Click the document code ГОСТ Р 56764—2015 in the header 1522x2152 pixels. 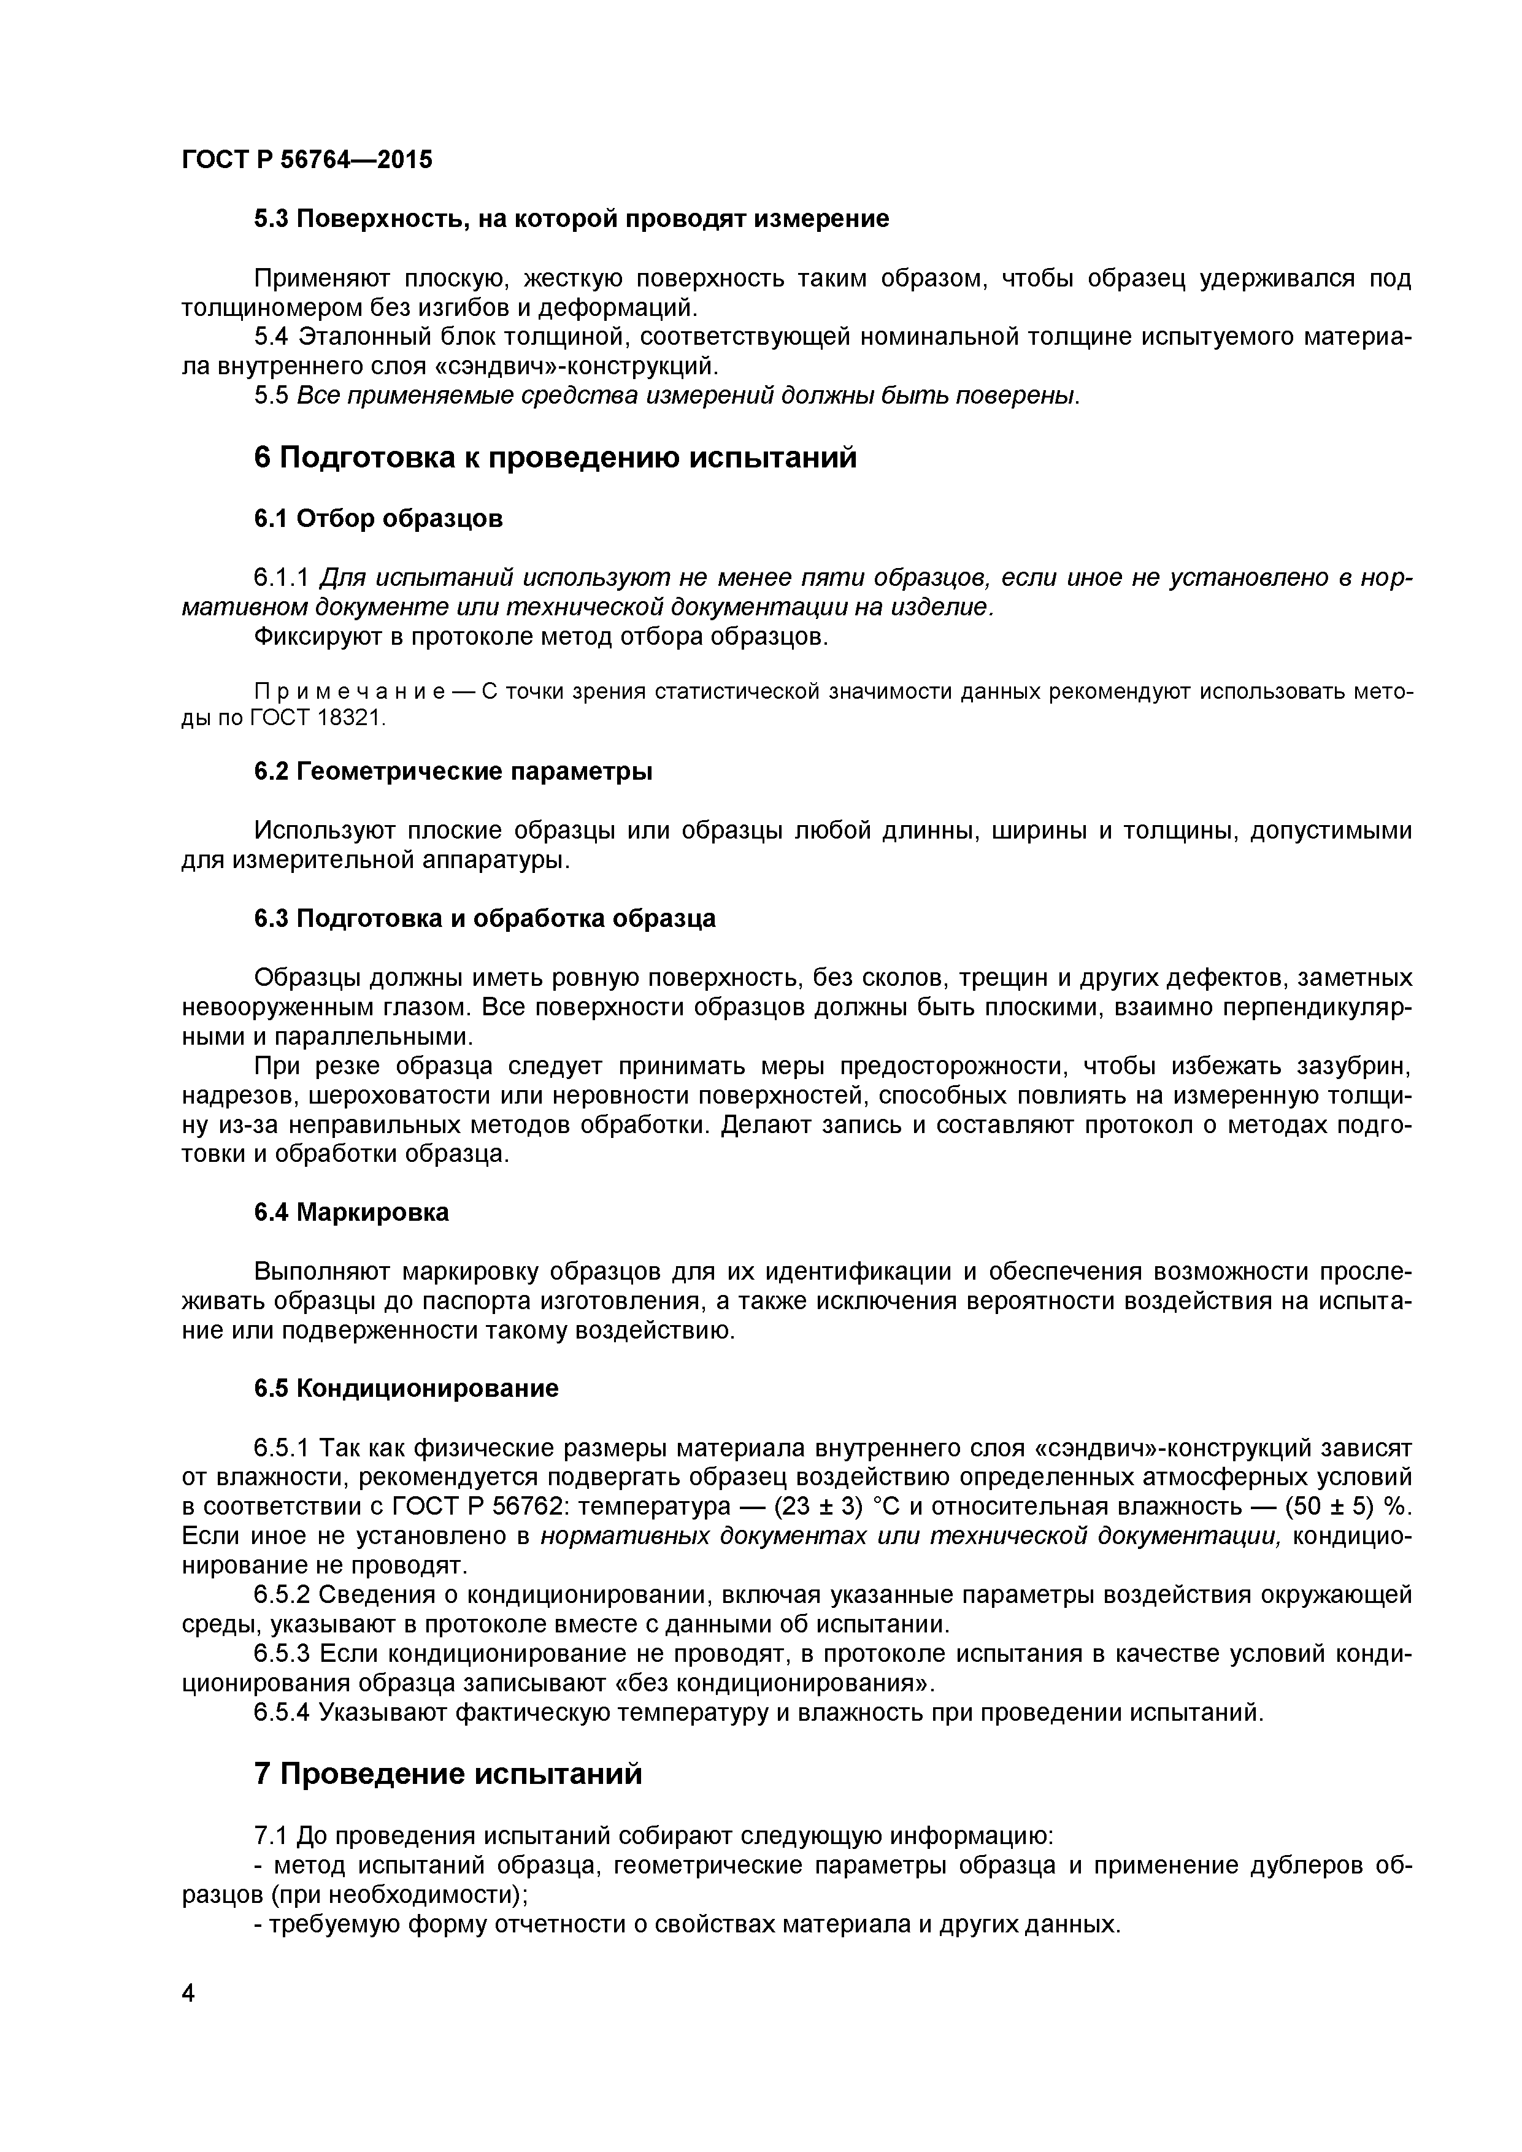point(307,160)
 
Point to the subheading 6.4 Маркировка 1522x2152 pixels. point(352,1213)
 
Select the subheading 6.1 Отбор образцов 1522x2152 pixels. point(378,518)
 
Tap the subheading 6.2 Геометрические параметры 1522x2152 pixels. point(453,771)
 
